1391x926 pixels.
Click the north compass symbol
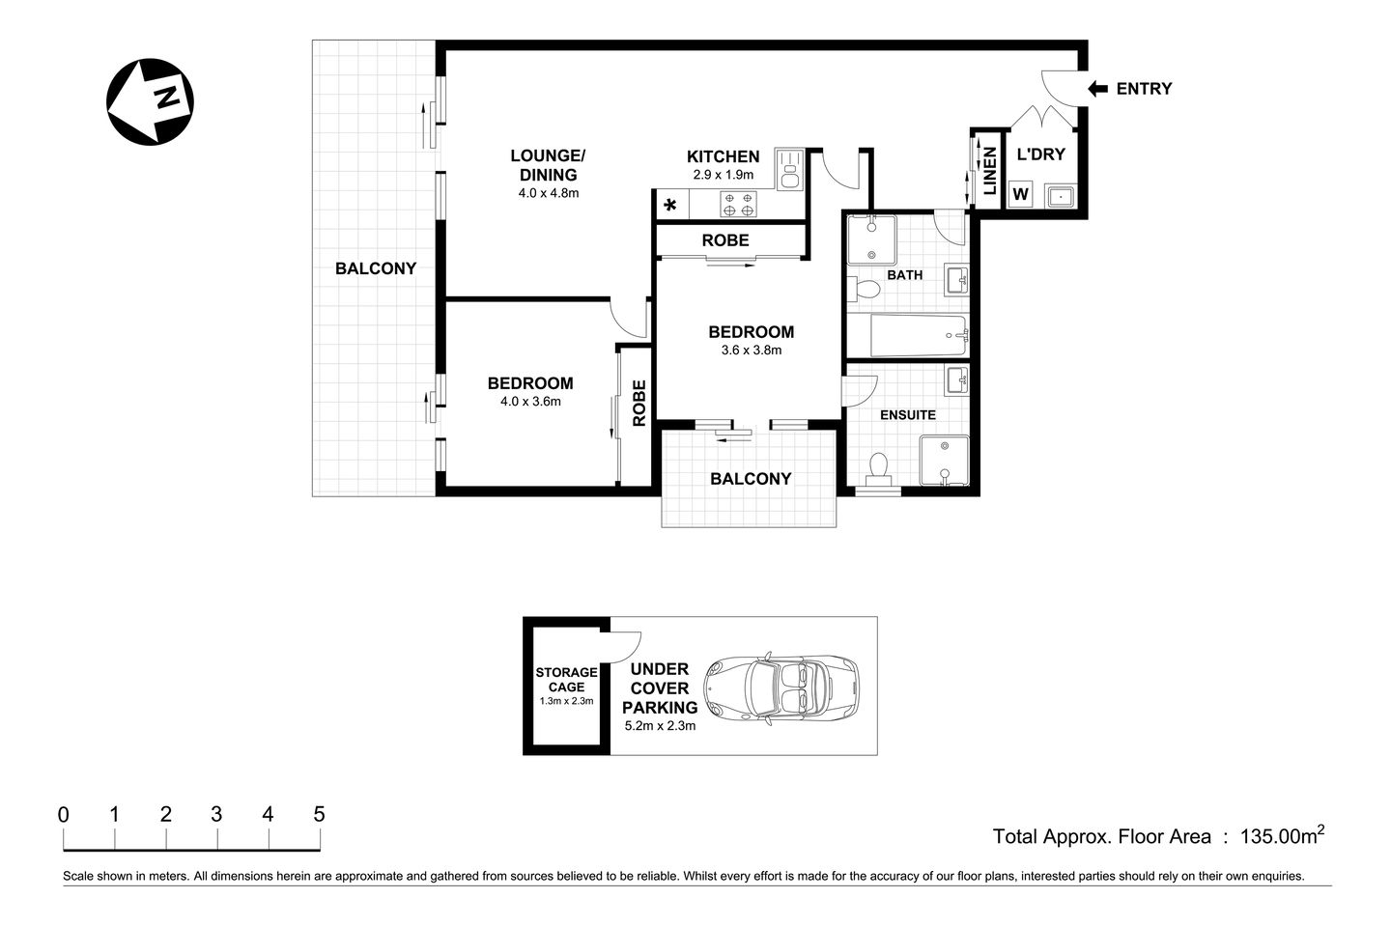click(x=150, y=101)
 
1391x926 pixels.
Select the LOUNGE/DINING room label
click(x=547, y=165)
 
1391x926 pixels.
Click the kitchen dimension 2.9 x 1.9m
click(x=723, y=176)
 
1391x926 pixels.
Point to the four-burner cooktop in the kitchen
click(x=739, y=204)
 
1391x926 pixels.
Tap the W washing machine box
click(x=1020, y=195)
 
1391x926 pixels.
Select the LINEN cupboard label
click(x=989, y=171)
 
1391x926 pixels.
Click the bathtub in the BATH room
click(x=918, y=335)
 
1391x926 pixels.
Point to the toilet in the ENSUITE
click(x=878, y=469)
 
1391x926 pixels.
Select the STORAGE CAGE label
click(x=566, y=680)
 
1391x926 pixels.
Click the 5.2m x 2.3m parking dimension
click(x=660, y=725)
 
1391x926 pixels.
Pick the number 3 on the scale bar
click(x=216, y=815)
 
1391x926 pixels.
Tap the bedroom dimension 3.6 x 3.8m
click(x=751, y=351)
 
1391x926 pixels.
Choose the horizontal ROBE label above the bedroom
click(x=724, y=239)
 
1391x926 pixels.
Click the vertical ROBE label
click(x=639, y=403)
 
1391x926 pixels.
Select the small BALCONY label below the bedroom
click(x=751, y=479)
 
